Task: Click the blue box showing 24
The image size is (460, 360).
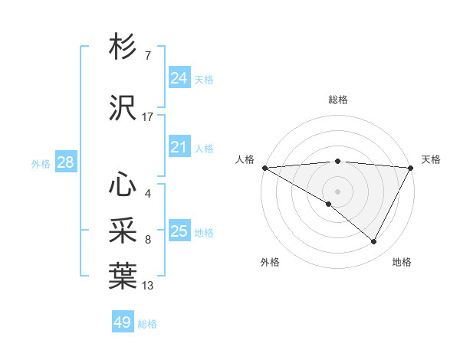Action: tap(179, 78)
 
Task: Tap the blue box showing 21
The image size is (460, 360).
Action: tap(179, 147)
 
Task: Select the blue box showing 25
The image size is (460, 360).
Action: tap(179, 231)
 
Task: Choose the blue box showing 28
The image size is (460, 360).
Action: tap(65, 162)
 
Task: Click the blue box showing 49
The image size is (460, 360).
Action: tap(123, 322)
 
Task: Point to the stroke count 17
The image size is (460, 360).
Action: tap(148, 117)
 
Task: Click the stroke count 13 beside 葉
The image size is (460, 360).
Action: tap(148, 286)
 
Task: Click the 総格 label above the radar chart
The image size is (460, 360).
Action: tap(337, 100)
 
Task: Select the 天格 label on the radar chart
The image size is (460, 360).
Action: tap(431, 159)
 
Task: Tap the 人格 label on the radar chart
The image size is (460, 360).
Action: tap(245, 159)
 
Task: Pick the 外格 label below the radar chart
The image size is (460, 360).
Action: tap(270, 262)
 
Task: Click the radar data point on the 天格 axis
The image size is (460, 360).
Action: tap(411, 168)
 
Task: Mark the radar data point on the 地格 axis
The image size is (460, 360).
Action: tap(374, 241)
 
